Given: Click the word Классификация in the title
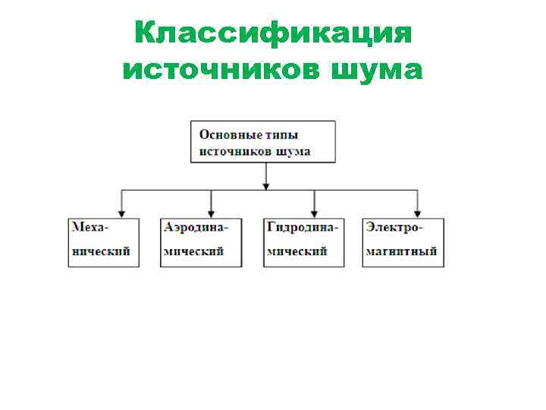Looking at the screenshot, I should (x=273, y=33).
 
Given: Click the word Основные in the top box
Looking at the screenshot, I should (x=228, y=134).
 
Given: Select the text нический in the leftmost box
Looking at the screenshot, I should (x=101, y=251).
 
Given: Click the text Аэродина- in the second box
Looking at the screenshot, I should (x=196, y=227).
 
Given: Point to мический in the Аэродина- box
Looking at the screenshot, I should (x=194, y=251).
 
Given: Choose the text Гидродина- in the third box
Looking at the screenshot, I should (x=303, y=227).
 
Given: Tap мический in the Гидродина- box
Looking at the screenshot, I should (x=297, y=251).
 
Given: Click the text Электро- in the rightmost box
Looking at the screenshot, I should (x=394, y=227).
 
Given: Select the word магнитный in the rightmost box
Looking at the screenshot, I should (x=401, y=251).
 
